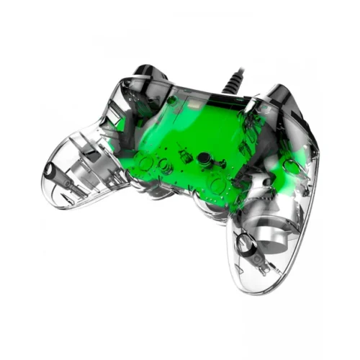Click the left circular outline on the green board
click(x=148, y=163)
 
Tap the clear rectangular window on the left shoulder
click(x=137, y=94)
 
